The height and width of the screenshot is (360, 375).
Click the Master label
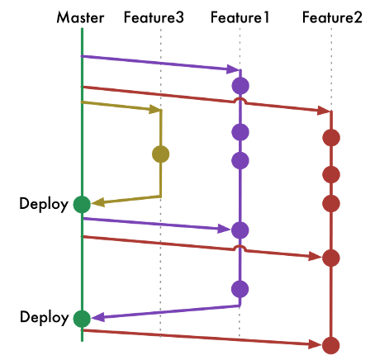click(80, 17)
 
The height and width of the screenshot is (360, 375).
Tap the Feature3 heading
click(154, 17)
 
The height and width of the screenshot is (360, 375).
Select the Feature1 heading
click(240, 17)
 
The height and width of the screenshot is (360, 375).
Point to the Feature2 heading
click(332, 17)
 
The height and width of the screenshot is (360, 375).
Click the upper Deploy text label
click(44, 204)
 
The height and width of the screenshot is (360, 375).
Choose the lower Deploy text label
click(44, 317)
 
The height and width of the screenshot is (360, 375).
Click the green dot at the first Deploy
click(82, 205)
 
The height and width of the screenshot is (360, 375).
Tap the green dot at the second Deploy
click(82, 319)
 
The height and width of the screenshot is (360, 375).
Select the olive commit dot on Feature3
click(161, 154)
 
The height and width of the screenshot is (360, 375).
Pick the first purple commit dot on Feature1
click(240, 86)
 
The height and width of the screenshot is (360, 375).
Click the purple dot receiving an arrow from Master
click(240, 230)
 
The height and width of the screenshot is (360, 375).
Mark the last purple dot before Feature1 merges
click(240, 289)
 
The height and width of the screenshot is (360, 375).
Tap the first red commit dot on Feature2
click(331, 138)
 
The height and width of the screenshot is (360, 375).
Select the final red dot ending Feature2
click(331, 345)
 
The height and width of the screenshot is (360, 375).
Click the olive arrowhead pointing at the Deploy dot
click(97, 202)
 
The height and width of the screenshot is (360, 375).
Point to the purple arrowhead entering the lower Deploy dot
click(98, 317)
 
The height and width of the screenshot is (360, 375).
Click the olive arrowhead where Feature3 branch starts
click(154, 109)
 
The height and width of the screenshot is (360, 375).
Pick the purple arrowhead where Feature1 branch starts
click(233, 69)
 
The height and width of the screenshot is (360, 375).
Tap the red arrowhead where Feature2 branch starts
click(324, 111)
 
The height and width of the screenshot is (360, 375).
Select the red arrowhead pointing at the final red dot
click(316, 344)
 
